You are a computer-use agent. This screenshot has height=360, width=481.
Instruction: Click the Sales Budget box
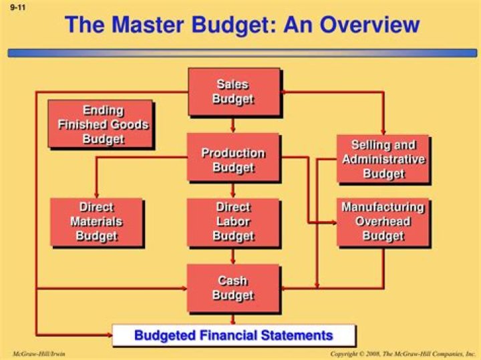pyautogui.click(x=233, y=92)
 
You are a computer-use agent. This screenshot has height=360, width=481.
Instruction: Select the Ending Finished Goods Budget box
pyautogui.click(x=100, y=124)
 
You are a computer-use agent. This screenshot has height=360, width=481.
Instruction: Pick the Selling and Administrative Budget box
pyautogui.click(x=383, y=159)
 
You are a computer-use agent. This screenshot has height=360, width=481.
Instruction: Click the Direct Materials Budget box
pyautogui.click(x=97, y=222)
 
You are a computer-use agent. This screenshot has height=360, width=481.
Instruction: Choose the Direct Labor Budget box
pyautogui.click(x=233, y=222)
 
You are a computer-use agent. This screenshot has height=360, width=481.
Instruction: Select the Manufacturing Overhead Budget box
pyautogui.click(x=383, y=222)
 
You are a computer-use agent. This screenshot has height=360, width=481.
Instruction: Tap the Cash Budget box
pyautogui.click(x=233, y=288)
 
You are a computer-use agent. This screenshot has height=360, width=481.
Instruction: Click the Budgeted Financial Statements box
pyautogui.click(x=233, y=335)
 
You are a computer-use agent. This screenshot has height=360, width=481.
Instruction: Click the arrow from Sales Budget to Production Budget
pyautogui.click(x=233, y=124)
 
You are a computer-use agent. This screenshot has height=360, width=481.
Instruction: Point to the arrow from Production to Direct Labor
pyautogui.click(x=233, y=190)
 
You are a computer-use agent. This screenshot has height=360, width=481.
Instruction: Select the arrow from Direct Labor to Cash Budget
pyautogui.click(x=233, y=255)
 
